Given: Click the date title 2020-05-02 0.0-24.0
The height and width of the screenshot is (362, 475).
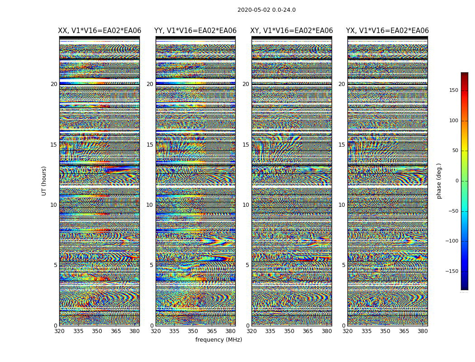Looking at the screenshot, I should tap(266, 10).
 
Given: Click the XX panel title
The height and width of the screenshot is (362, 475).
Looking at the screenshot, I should tap(100, 31).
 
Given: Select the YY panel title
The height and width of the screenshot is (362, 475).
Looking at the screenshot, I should tap(195, 31).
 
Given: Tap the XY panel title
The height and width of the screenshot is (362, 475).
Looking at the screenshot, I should tap(292, 31).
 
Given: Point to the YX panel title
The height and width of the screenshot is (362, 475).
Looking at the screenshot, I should tap(387, 31).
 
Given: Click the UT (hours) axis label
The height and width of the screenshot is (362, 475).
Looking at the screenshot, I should tap(44, 181).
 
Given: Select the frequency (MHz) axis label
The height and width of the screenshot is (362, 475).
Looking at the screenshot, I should tap(218, 340).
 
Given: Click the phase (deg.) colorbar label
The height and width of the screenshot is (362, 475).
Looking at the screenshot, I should tap(439, 181).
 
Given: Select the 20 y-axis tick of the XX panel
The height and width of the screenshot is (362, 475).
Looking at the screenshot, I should tap(54, 84).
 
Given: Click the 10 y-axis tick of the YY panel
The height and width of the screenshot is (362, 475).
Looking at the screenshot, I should tap(150, 205).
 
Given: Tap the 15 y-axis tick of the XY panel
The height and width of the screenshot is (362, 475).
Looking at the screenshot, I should tap(246, 145).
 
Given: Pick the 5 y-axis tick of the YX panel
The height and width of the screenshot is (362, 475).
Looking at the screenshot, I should tap(343, 265).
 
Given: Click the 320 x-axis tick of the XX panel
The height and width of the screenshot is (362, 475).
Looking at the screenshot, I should tap(59, 331).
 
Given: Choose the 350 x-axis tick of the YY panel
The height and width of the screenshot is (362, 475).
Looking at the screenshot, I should tap(193, 331).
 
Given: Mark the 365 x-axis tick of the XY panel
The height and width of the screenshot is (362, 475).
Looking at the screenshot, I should tap(308, 331).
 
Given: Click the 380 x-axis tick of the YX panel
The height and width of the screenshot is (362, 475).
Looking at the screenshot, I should tap(423, 331).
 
